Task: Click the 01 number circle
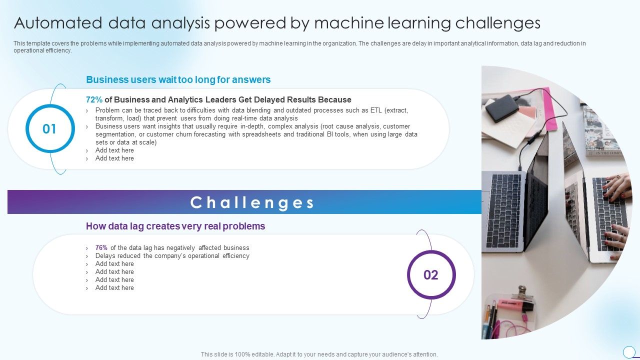[49, 129]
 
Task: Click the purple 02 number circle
[431, 274]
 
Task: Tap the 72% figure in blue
[94, 99]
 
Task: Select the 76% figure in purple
[101, 247]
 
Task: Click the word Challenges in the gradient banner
[252, 202]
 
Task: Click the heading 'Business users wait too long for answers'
[178, 79]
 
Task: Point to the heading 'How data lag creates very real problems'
[175, 226]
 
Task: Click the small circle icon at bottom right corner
[629, 351]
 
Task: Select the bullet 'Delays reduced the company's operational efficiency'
[172, 255]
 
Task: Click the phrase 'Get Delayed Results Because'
[295, 99]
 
